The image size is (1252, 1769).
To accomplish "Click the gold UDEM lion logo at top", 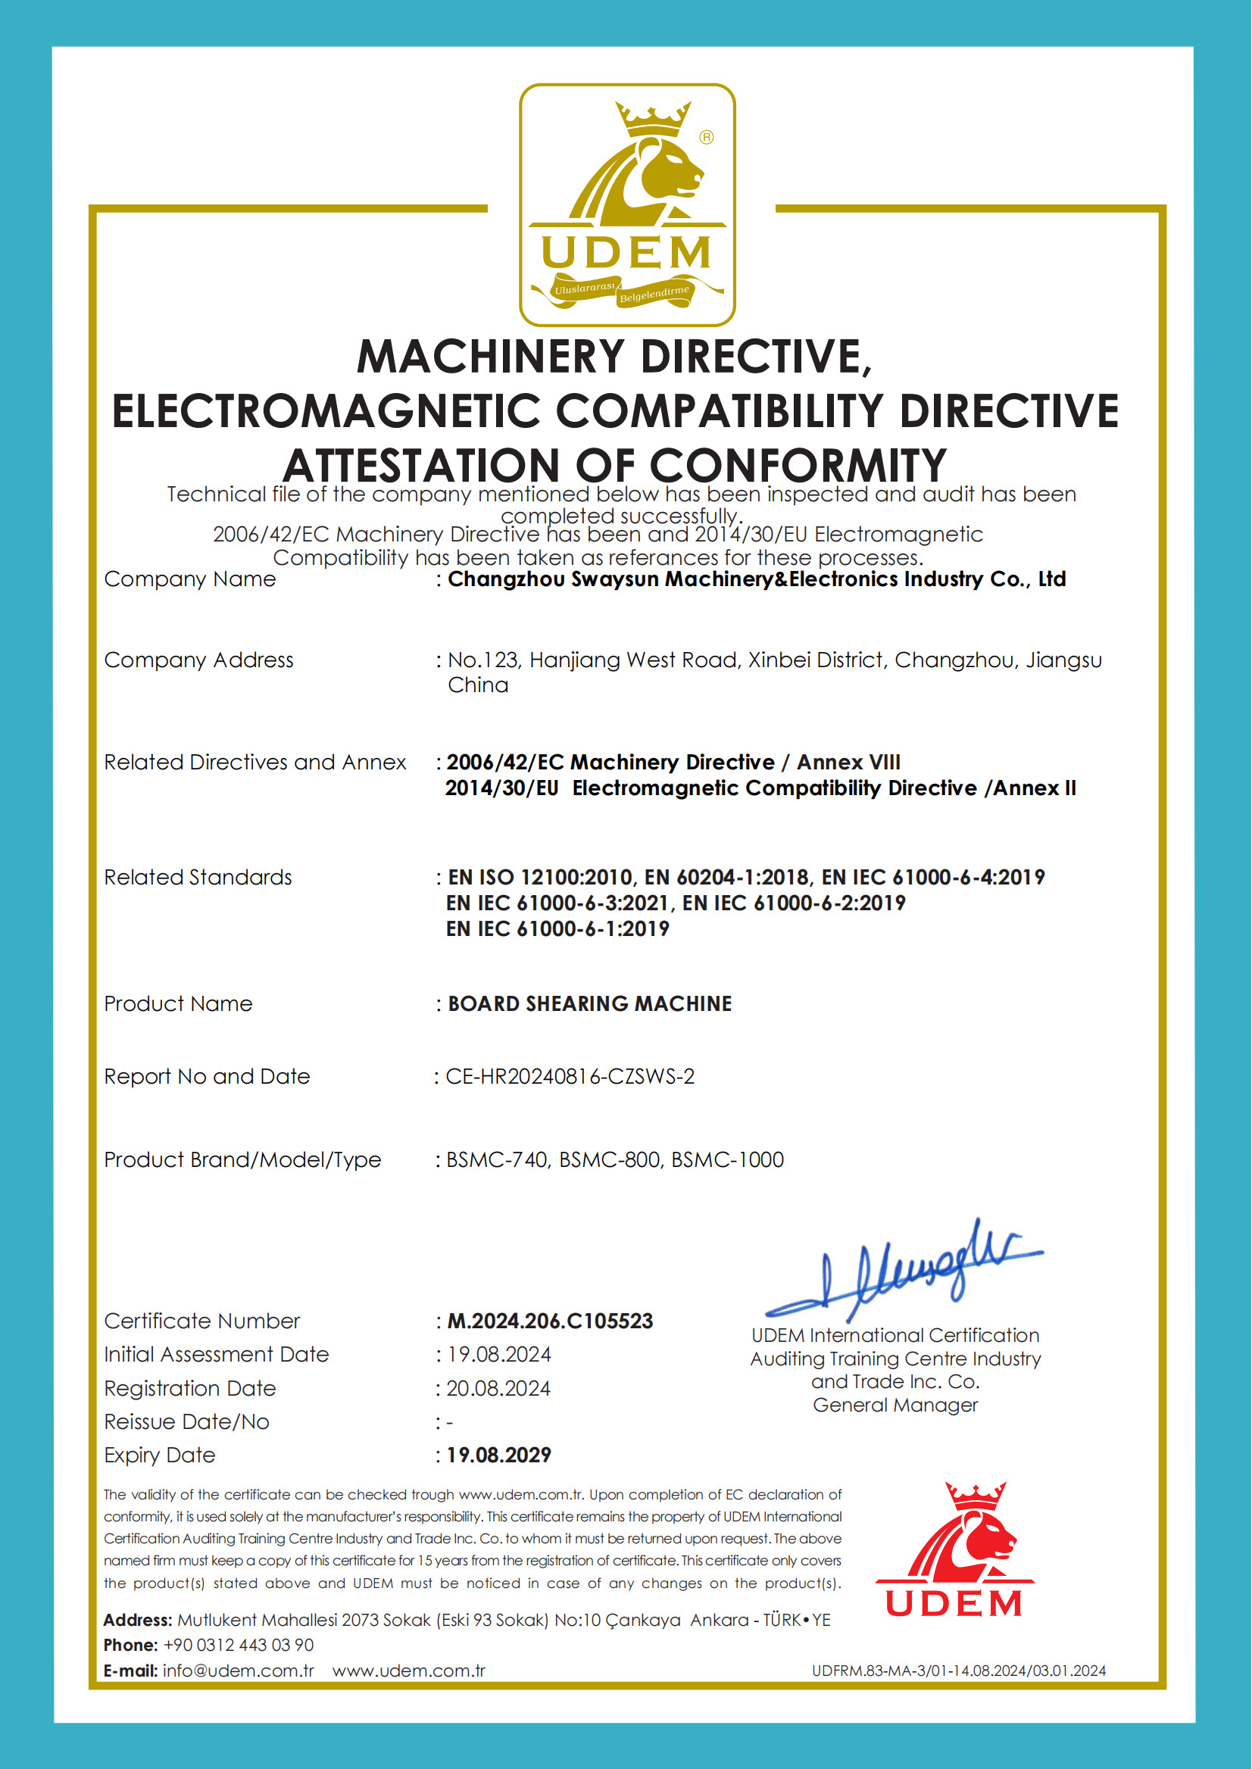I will (627, 204).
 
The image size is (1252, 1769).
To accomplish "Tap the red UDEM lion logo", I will (954, 1549).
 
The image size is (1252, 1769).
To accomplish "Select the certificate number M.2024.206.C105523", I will (550, 1321).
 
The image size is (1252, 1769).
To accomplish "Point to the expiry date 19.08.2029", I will (499, 1455).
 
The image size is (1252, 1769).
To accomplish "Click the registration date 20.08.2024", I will (498, 1388).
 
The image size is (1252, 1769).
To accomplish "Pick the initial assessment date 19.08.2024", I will (499, 1354).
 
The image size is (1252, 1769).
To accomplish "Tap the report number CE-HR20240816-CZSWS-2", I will (570, 1076).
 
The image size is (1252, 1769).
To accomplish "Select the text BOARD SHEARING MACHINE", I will (590, 1003).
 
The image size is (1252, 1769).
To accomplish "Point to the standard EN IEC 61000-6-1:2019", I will (557, 929).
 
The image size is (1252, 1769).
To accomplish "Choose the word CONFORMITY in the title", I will (798, 466).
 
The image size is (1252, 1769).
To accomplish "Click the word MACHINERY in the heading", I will (490, 356).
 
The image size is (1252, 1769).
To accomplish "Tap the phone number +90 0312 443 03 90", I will (239, 1645).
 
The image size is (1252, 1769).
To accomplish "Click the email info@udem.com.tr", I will (239, 1671).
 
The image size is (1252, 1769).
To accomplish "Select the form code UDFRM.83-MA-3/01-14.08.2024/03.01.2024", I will (958, 1671).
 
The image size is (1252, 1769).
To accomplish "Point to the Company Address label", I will (199, 660).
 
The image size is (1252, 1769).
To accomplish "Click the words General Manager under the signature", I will (895, 1405).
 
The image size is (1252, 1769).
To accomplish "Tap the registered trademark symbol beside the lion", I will (706, 137).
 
